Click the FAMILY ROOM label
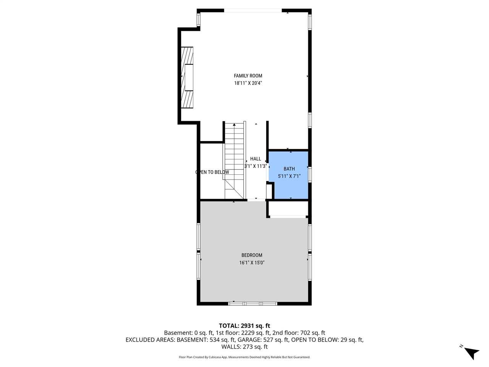point(248,76)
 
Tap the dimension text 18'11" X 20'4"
point(248,83)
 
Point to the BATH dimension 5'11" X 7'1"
point(289,176)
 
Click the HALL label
point(256,159)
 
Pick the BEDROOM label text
point(252,255)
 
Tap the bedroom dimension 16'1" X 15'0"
point(252,263)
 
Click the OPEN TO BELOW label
point(212,172)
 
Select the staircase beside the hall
point(234,161)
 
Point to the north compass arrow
point(471,352)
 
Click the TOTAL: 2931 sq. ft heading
point(244,326)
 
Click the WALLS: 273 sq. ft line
point(244,347)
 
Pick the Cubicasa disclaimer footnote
point(244,357)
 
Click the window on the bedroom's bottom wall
point(253,304)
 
